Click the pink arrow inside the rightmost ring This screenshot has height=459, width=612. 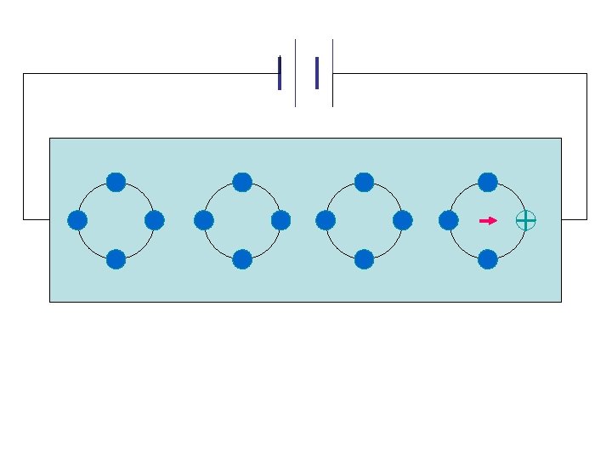click(488, 220)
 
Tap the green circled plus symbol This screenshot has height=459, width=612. click(526, 220)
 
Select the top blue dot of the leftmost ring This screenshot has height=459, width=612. click(116, 182)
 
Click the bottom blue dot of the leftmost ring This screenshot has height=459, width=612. click(116, 259)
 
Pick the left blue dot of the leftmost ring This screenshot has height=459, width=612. click(77, 220)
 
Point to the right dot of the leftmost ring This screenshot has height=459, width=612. click(155, 220)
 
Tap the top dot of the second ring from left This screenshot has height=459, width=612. click(242, 182)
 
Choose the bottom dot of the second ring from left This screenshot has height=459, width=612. click(242, 259)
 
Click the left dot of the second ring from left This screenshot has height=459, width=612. click(203, 220)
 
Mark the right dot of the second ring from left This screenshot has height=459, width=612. click(281, 220)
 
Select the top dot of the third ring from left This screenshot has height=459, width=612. click(364, 182)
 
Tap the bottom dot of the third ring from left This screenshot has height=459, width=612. click(364, 259)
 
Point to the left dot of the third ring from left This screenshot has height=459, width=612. click(325, 220)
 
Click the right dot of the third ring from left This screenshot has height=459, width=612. click(403, 220)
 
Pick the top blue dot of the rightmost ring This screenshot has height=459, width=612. click(488, 182)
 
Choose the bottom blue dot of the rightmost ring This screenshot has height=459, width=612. click(488, 259)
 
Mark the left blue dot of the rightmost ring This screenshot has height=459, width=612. click(449, 220)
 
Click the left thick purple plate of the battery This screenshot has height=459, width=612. click(280, 73)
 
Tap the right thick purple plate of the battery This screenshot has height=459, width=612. click(317, 73)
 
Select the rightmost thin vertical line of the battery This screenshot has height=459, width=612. click(332, 73)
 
